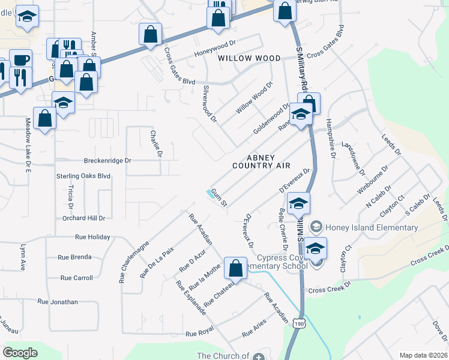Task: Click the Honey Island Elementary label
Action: (x=371, y=227)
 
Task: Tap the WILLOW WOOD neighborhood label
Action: (x=249, y=58)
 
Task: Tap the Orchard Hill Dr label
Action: (x=83, y=218)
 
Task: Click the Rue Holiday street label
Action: (x=92, y=237)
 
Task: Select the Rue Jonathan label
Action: (x=58, y=302)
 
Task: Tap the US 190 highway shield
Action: (x=299, y=323)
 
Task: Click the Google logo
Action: (x=20, y=353)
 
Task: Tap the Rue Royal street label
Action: (x=200, y=333)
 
